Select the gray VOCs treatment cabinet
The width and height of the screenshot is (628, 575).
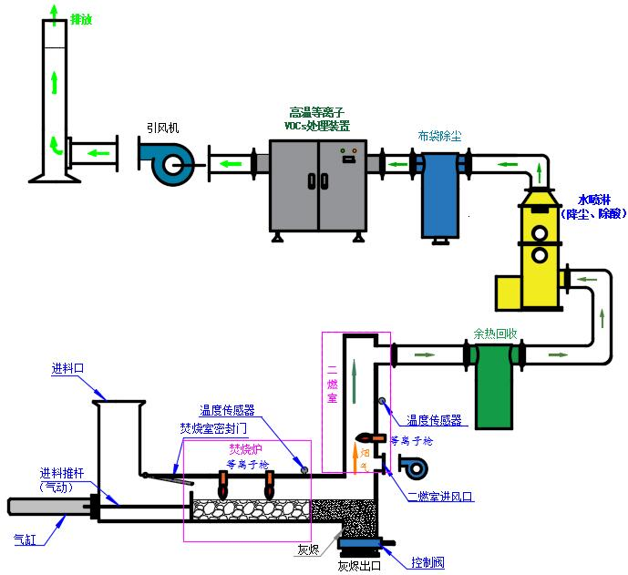pos(317,185)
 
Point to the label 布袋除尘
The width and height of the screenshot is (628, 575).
pos(439,136)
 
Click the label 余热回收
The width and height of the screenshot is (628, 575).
pos(493,333)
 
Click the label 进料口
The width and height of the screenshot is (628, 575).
pos(68,368)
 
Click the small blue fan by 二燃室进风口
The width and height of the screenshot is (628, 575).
pos(412,467)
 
